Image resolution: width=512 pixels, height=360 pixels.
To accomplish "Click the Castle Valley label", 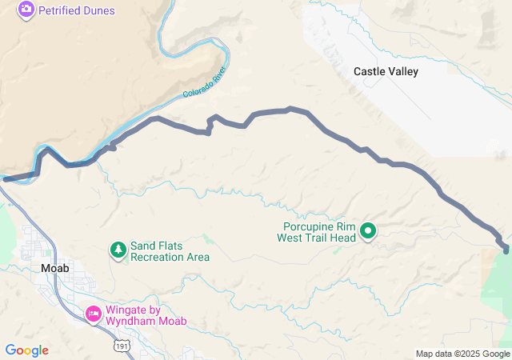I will (386, 71).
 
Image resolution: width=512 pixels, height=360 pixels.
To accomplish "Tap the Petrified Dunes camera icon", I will (26, 9).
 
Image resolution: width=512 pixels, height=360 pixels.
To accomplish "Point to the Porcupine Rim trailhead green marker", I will (368, 231).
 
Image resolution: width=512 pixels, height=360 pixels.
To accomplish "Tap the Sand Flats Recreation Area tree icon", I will (118, 250).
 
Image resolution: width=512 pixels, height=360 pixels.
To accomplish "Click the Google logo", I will (26, 350).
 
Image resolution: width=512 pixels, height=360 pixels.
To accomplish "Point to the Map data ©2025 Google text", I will (462, 354).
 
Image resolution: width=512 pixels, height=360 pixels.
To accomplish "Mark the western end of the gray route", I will (5, 179).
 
